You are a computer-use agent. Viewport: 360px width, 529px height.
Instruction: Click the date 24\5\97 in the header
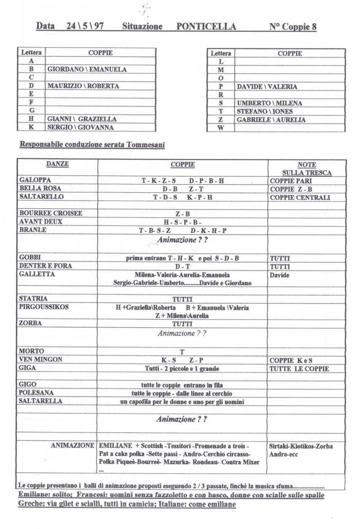[x=85, y=27]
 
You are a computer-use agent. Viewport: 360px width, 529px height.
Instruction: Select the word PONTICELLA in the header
[x=206, y=27]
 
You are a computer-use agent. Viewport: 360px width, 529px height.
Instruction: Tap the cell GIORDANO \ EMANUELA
[x=87, y=69]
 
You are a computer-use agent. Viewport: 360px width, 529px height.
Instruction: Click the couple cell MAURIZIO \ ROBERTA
[x=83, y=86]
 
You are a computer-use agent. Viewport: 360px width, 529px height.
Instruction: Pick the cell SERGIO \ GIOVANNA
[x=81, y=127]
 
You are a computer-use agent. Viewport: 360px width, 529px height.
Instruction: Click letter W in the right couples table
[x=220, y=128]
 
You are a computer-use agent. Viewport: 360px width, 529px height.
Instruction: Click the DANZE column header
[x=58, y=165]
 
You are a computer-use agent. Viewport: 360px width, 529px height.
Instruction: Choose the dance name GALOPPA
[x=35, y=180]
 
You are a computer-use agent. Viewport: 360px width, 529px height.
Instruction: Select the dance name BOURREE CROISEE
[x=51, y=213]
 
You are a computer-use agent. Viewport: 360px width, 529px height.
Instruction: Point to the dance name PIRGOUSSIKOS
[x=44, y=307]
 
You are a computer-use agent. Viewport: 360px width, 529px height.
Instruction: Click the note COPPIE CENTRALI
[x=300, y=197]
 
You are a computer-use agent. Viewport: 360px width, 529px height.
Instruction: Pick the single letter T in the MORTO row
[x=182, y=351]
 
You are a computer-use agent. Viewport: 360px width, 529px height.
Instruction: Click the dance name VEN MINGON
[x=41, y=359]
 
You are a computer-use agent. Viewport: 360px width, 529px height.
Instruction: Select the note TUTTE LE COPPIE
[x=299, y=368]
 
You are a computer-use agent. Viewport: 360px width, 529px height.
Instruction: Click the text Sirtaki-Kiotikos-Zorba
[x=301, y=446]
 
